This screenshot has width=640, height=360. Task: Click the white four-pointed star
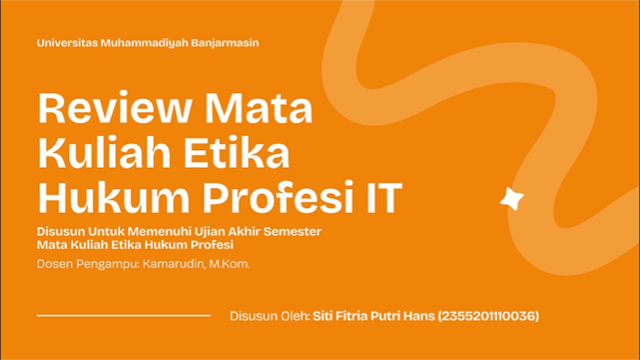pos(512,199)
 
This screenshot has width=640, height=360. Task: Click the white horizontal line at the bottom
pos(124,315)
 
